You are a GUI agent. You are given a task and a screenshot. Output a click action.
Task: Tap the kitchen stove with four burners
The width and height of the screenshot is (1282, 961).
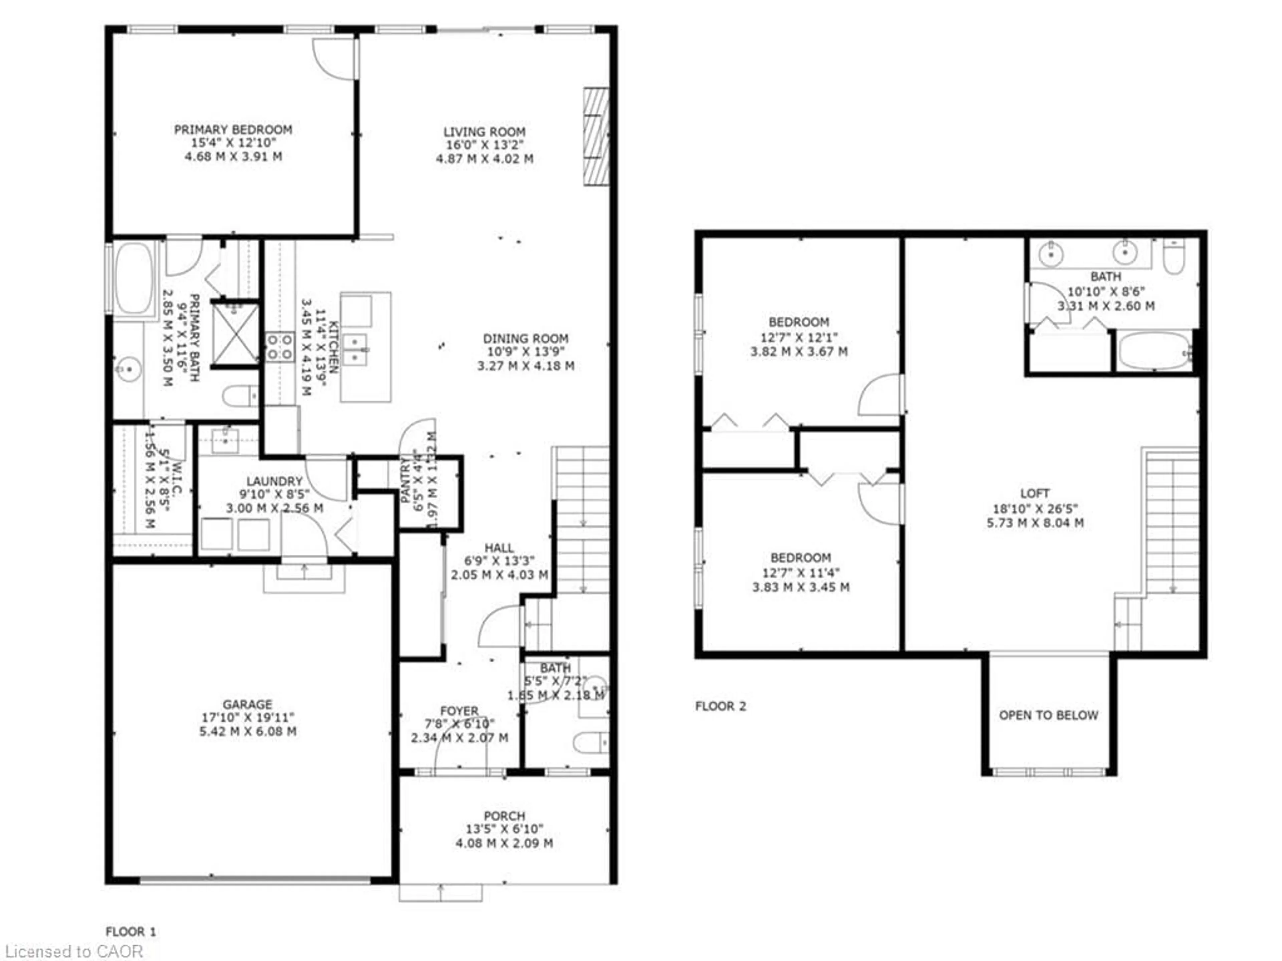[x=279, y=346]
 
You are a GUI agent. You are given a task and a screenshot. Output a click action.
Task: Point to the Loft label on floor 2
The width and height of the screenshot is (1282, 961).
[x=1035, y=493]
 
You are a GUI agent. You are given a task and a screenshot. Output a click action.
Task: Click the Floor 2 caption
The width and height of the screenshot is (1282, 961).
[x=720, y=706]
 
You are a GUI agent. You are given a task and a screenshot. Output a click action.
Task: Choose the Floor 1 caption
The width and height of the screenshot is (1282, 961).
[x=131, y=931]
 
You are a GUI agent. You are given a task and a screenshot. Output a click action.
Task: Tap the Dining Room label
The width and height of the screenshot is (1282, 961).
[x=526, y=338]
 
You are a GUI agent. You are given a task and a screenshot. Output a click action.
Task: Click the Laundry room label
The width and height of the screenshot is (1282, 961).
[x=274, y=481]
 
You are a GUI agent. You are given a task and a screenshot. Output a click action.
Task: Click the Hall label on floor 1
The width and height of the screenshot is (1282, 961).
[x=499, y=548]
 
